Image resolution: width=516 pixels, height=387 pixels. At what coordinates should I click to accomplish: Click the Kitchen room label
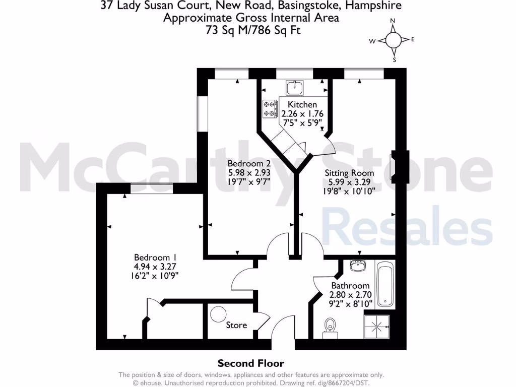click(302, 104)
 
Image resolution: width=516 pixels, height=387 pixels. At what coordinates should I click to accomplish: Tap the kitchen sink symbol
click(294, 88)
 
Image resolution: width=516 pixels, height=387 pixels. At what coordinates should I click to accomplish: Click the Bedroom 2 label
click(249, 164)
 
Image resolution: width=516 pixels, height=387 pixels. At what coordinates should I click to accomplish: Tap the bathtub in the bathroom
click(385, 285)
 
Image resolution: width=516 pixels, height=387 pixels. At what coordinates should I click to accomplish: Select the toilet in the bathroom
click(331, 326)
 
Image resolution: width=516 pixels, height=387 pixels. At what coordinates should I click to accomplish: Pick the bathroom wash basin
click(357, 265)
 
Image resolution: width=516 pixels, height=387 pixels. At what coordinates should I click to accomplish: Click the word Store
click(236, 325)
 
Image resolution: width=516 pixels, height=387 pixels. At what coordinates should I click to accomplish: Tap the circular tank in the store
click(219, 314)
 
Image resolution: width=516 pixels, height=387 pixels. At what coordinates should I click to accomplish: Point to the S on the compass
click(395, 59)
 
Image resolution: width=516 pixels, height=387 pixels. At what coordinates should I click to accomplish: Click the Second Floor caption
click(250, 363)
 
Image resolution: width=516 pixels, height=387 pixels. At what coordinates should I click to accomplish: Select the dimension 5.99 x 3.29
click(351, 182)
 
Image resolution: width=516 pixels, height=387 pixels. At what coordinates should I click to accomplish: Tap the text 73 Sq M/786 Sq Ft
click(250, 30)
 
